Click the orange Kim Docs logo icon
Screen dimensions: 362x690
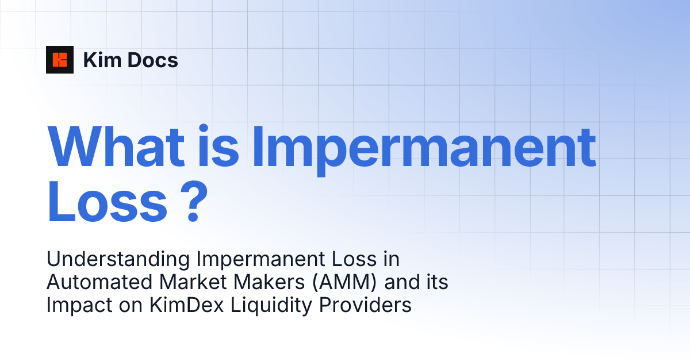point(60,60)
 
